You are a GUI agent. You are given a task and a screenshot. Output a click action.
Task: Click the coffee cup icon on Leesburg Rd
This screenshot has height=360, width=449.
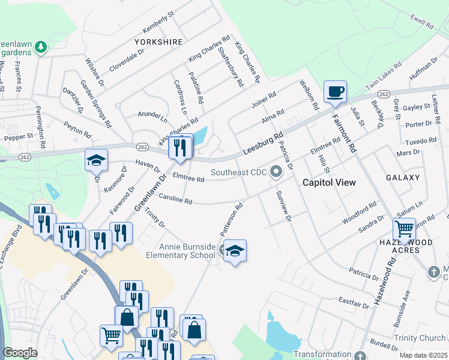pyautogui.click(x=335, y=92)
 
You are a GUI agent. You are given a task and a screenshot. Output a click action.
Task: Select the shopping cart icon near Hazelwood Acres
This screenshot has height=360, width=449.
pyautogui.click(x=404, y=229)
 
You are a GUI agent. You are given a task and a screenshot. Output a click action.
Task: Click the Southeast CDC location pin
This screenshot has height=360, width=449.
pyautogui.click(x=276, y=172)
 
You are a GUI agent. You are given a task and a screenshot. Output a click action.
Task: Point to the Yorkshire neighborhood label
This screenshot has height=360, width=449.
pyautogui.click(x=158, y=42)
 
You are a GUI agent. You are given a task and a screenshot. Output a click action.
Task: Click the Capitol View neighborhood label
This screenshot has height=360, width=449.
pyautogui.click(x=329, y=182)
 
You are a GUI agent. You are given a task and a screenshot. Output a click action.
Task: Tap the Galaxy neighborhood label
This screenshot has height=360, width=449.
pyautogui.click(x=403, y=178)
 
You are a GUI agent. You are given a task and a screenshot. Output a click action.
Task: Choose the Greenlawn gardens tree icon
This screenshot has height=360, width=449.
pyautogui.click(x=41, y=46)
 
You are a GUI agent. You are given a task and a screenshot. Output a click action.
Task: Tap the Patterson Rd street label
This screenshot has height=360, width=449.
pyautogui.click(x=231, y=218)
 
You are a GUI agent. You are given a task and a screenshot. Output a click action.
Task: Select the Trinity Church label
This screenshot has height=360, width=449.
pyautogui.click(x=418, y=338)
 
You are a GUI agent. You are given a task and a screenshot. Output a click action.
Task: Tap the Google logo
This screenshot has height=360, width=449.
pyautogui.click(x=20, y=353)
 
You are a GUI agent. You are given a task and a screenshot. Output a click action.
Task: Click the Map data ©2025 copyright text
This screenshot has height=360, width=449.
pyautogui.click(x=423, y=355)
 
